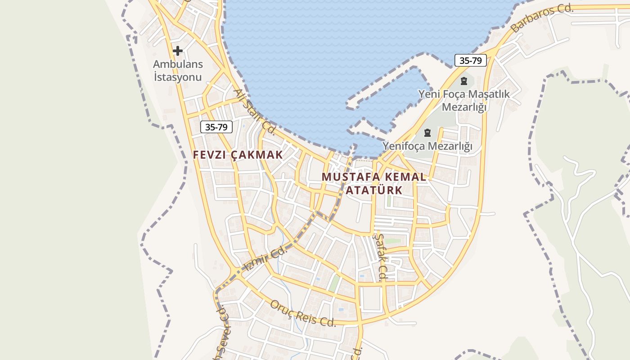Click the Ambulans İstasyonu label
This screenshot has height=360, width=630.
click(178, 71)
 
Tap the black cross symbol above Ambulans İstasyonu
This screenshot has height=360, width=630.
click(178, 51)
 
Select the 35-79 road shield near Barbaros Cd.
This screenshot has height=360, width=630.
click(471, 60)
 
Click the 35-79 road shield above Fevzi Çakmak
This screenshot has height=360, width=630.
click(216, 127)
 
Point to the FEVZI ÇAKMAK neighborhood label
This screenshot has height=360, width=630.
click(238, 155)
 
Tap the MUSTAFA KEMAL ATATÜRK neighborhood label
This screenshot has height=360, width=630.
click(373, 183)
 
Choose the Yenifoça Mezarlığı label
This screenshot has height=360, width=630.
click(427, 146)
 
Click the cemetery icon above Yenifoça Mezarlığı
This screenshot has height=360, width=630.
click(427, 133)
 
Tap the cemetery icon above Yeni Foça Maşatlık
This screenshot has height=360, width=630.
click(464, 81)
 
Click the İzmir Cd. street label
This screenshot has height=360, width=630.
click(265, 260)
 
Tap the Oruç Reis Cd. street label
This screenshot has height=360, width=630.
click(303, 314)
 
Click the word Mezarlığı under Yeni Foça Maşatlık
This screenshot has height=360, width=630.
click(465, 107)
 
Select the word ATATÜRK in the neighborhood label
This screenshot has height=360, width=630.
click(373, 190)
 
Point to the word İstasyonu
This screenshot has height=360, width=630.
click(178, 77)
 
